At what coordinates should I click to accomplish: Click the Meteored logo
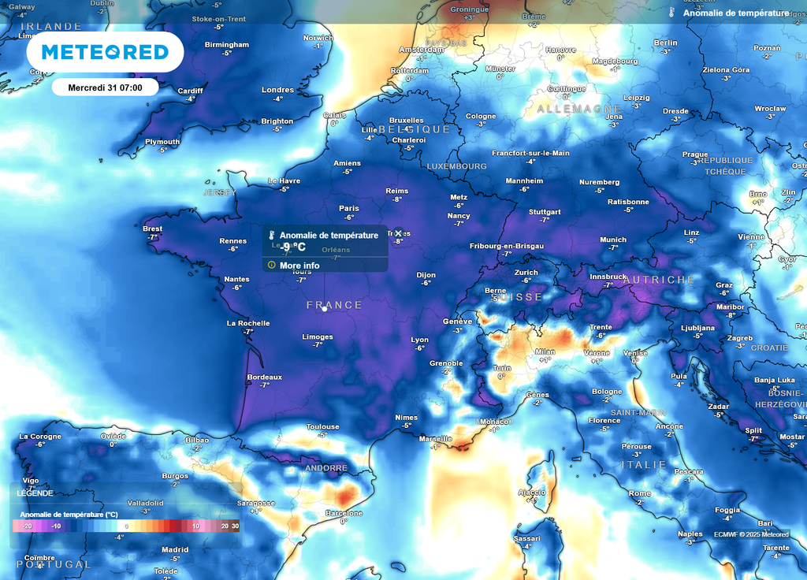point(105,53)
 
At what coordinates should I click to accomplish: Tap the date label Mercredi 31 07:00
point(105,87)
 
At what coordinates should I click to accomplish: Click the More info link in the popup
point(299,266)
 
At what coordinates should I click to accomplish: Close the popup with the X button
point(398,233)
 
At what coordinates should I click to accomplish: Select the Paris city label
point(348,209)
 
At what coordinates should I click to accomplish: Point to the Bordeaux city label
point(264,377)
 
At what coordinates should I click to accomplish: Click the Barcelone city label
point(344,514)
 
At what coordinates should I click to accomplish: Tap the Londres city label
point(277,90)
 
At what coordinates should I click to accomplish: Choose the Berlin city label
point(665,43)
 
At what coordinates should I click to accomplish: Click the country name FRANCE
point(334,305)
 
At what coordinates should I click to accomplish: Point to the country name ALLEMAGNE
point(579,109)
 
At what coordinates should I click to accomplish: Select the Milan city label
point(545,352)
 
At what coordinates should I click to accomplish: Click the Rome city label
point(639,494)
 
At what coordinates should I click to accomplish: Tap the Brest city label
point(153,229)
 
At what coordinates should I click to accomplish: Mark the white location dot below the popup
point(324,309)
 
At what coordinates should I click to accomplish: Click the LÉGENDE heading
point(35,493)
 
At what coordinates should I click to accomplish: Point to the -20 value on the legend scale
point(27,526)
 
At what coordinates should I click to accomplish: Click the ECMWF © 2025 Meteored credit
point(751,534)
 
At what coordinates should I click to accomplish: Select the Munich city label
point(613,240)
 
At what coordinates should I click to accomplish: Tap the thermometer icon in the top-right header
point(671,13)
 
